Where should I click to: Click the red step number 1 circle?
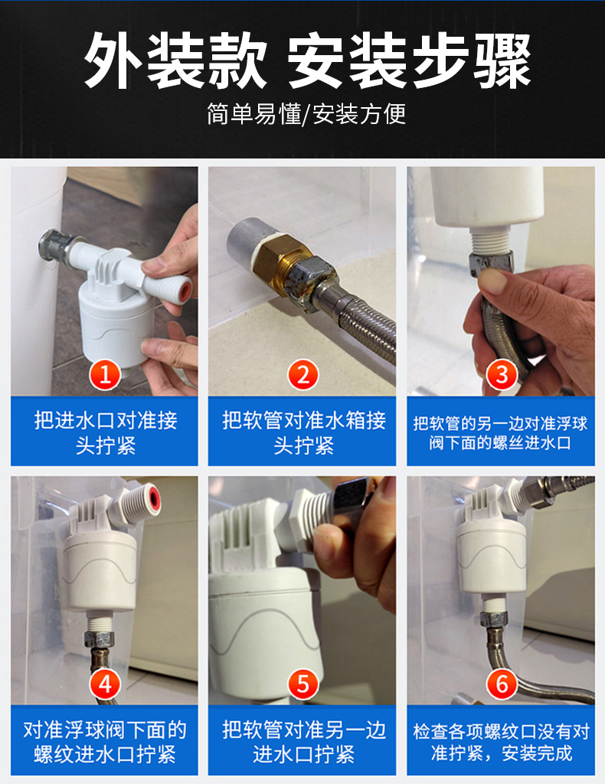tap(105, 375)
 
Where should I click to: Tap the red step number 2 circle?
tap(303, 375)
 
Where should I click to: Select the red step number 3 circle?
tap(502, 375)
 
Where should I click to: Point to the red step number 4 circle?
tap(105, 684)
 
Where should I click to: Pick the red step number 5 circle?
tap(303, 684)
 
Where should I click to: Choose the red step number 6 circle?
tap(502, 684)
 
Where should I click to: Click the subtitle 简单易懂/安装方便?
tap(306, 114)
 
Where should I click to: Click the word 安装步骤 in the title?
tap(409, 61)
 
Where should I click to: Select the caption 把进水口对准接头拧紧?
tap(105, 433)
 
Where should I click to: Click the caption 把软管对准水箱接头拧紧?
tap(303, 433)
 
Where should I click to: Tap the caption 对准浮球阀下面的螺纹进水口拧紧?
tap(105, 742)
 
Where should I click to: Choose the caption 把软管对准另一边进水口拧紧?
tap(303, 742)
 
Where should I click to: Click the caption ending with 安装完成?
tap(501, 742)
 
